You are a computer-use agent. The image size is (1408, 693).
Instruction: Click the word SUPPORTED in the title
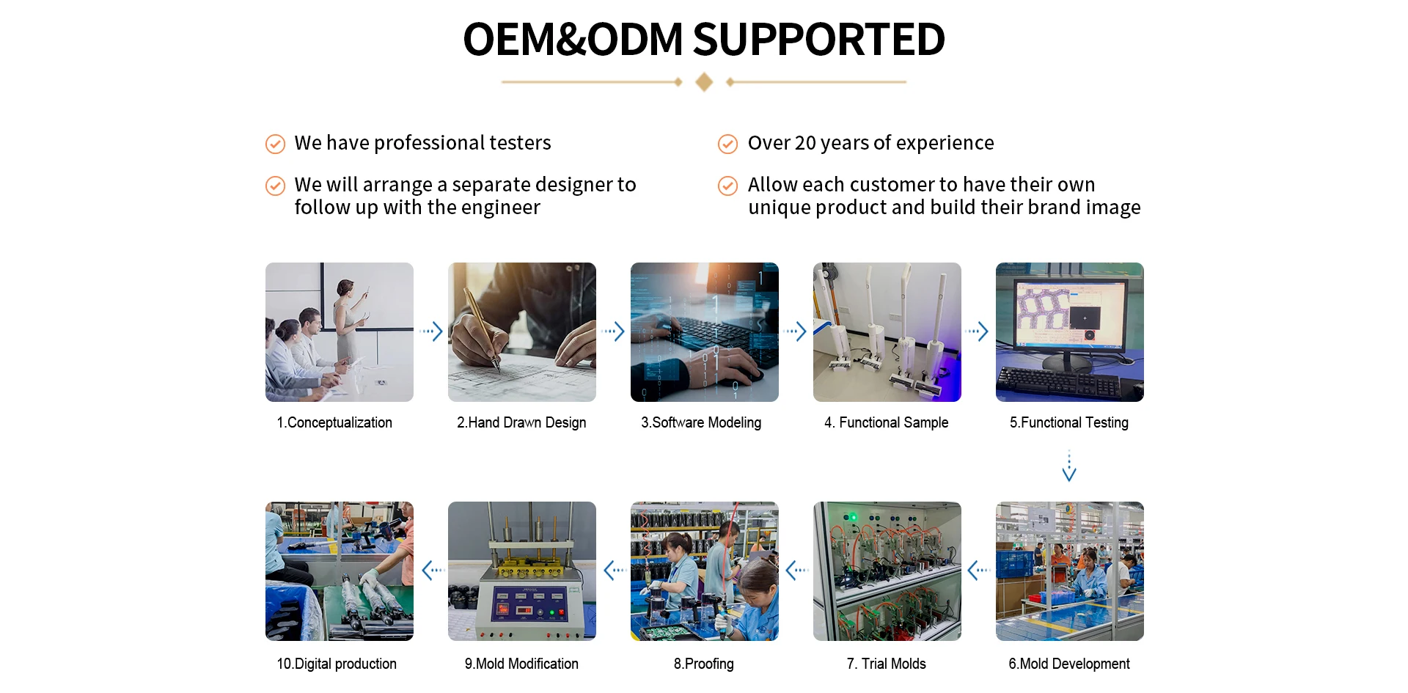tap(818, 39)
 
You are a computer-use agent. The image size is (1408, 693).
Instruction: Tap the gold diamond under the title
tap(704, 82)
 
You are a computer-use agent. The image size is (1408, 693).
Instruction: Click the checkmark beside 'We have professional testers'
tap(275, 144)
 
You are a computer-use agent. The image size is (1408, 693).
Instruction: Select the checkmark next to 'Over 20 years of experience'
tap(727, 144)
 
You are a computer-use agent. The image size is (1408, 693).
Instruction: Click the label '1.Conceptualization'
tap(334, 422)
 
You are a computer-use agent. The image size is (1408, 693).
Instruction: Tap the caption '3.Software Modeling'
tap(701, 422)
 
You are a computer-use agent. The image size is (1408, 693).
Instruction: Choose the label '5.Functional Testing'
tap(1069, 422)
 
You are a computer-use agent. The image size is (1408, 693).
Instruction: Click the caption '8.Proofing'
tap(704, 664)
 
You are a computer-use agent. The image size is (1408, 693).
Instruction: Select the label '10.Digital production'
tap(337, 664)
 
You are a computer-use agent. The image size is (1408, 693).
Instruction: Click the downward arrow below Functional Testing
tap(1069, 466)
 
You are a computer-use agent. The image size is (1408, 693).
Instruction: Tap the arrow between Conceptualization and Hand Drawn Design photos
tap(431, 331)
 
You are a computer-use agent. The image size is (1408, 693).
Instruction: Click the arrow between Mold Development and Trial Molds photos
tap(979, 570)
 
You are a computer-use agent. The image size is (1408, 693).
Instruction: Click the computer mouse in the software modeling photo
tap(742, 371)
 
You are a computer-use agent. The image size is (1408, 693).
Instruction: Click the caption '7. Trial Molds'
tap(887, 664)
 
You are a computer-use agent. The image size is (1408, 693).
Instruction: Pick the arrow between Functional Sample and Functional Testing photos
tap(977, 331)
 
